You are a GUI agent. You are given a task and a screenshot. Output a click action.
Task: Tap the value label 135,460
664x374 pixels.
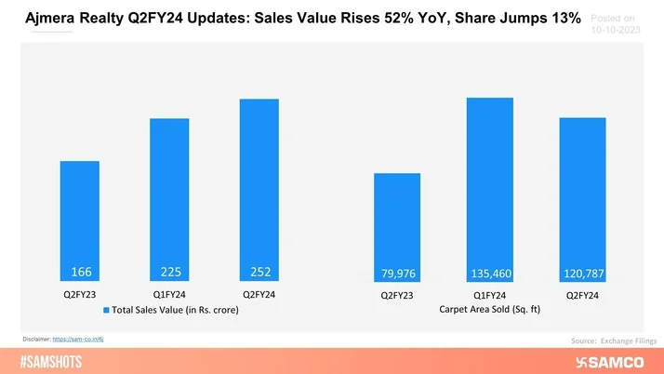pos(490,274)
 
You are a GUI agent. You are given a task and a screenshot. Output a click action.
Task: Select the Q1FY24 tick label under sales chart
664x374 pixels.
pos(170,294)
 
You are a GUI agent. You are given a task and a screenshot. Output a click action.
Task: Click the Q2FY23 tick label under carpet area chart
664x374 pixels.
pos(397,297)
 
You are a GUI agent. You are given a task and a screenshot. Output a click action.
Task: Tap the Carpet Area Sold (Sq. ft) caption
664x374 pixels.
pos(488,310)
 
